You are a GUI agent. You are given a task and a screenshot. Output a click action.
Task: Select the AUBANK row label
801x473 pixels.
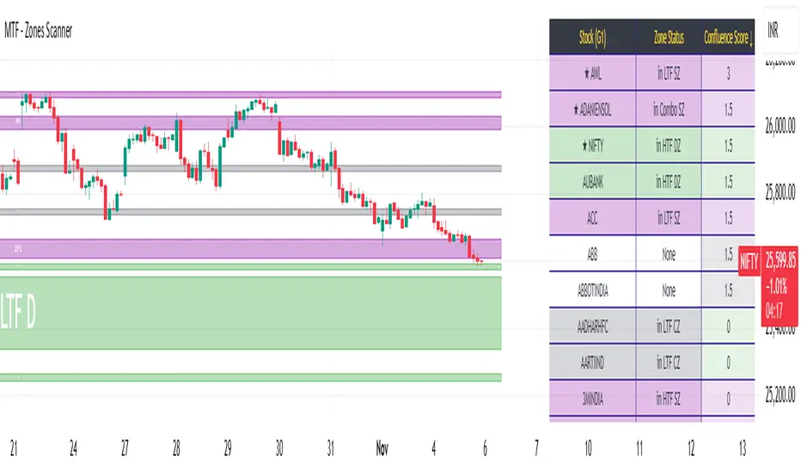pos(591,182)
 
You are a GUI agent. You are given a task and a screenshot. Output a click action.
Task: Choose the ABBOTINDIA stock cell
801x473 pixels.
pos(591,292)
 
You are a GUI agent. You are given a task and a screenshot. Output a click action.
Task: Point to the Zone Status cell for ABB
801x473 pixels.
pos(668,255)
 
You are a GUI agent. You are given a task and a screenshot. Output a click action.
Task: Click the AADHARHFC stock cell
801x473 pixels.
pos(591,328)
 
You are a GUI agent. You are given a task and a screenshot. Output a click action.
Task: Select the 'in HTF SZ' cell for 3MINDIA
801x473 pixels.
pos(668,400)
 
